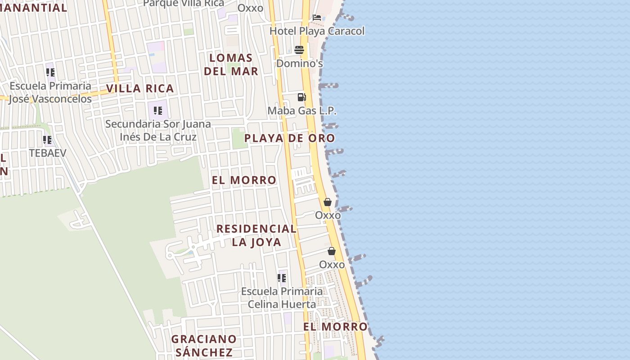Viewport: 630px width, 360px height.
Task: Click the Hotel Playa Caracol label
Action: click(317, 31)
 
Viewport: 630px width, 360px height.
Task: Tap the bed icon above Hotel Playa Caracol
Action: click(317, 18)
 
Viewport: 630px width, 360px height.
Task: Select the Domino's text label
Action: click(300, 63)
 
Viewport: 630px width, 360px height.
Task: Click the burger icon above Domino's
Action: click(299, 50)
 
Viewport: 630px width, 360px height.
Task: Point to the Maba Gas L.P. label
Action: click(302, 111)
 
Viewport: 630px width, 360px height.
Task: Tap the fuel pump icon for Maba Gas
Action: click(301, 97)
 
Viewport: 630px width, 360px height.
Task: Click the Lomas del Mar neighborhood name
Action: click(231, 64)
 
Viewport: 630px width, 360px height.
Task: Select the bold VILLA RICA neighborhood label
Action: click(140, 89)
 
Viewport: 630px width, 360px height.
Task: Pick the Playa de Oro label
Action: click(290, 138)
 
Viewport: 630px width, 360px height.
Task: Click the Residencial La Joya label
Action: click(256, 235)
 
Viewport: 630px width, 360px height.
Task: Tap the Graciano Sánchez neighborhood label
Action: click(204, 345)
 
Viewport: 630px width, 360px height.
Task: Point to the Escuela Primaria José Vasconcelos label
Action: click(50, 92)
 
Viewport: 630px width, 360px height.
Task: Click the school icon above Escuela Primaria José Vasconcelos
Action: click(50, 72)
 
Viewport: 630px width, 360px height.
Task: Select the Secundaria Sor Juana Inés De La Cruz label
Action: click(158, 130)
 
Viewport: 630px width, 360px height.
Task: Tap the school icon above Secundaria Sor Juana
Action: click(157, 110)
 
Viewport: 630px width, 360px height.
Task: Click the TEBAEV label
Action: click(48, 153)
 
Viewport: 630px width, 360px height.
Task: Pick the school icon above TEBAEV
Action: click(47, 140)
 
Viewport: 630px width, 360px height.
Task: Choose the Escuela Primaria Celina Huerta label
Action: click(282, 298)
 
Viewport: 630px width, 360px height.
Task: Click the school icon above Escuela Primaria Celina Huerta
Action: click(282, 278)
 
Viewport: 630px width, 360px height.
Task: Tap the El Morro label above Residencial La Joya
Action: click(244, 180)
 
